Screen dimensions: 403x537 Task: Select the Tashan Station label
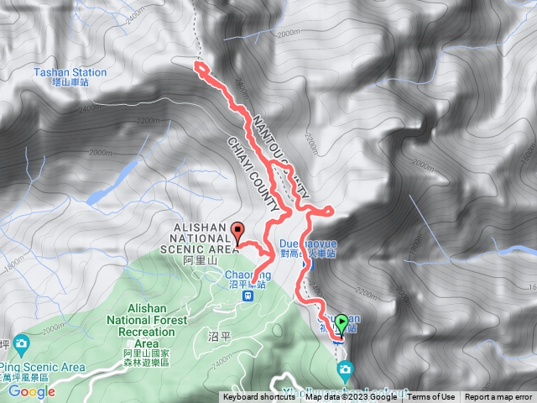tap(70, 72)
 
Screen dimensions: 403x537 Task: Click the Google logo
tap(32, 391)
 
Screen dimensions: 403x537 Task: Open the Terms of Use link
tap(431, 397)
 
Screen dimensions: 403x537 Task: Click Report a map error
tap(499, 397)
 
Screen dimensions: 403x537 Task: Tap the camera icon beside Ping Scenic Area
tap(21, 343)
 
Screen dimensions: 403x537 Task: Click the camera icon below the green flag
tap(345, 369)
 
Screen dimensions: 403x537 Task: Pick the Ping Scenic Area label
tap(44, 367)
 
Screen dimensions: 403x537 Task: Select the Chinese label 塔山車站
tap(70, 84)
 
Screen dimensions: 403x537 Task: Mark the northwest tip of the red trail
tap(198, 65)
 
